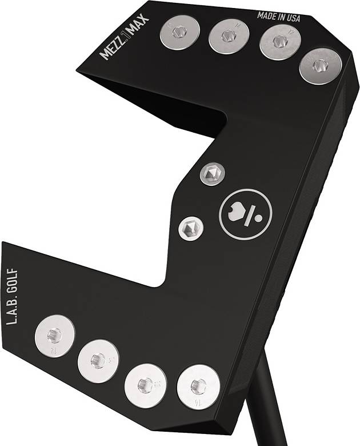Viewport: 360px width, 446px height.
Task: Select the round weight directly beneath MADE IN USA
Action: coord(279,41)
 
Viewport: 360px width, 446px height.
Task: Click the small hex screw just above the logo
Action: coord(212,173)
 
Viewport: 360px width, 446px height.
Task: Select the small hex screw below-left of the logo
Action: coord(190,228)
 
